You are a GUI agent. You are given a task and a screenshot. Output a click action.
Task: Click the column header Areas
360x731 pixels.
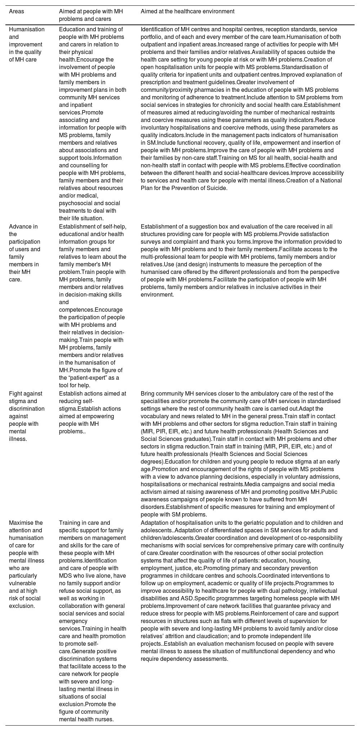[17, 12]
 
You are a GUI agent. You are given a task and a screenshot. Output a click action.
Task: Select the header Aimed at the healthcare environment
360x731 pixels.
[187, 12]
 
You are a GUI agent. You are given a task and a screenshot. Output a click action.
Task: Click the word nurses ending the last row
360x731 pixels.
[105, 719]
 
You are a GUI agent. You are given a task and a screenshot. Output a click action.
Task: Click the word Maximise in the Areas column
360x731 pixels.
[21, 523]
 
